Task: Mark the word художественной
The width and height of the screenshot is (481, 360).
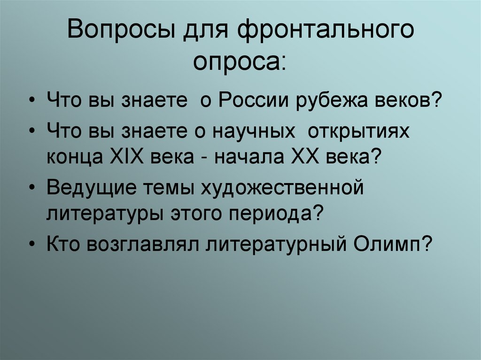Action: pos(283,188)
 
